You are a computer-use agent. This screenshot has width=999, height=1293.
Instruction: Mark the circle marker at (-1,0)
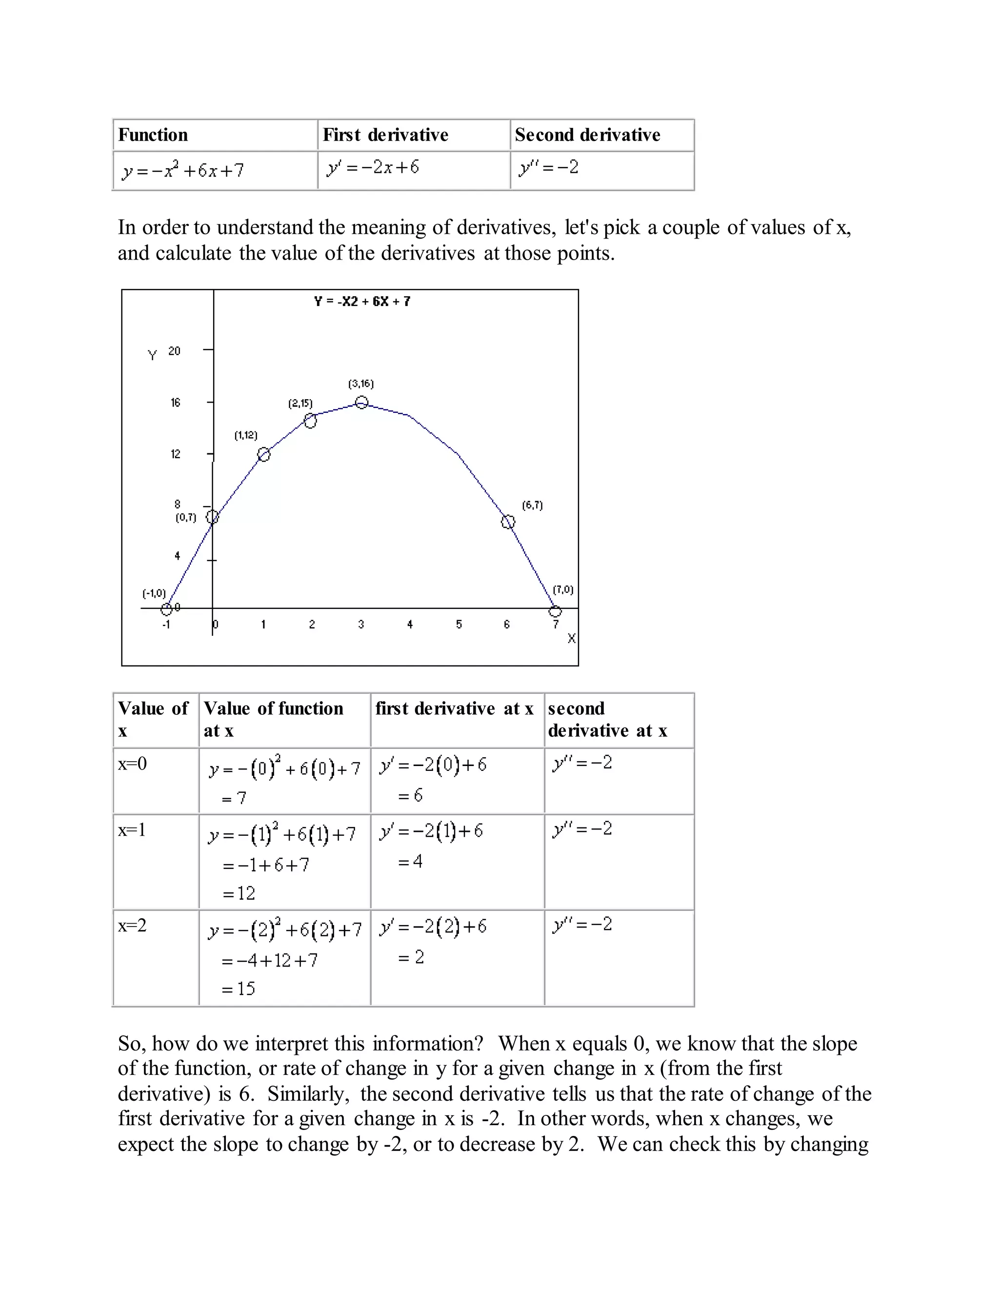[x=167, y=608]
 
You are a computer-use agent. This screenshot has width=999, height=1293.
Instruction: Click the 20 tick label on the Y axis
[x=174, y=351]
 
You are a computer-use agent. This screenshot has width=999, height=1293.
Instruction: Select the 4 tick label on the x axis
[x=410, y=625]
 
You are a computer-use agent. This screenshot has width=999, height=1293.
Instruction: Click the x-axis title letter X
[x=571, y=638]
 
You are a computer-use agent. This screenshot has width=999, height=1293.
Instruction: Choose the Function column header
[x=153, y=135]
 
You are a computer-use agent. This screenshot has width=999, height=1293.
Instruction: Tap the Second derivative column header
[x=587, y=135]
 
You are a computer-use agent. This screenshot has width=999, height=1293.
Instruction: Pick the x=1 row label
[x=131, y=830]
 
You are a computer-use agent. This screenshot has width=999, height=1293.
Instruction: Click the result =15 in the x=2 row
[x=238, y=988]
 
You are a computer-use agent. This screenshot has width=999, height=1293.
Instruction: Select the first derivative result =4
[x=410, y=861]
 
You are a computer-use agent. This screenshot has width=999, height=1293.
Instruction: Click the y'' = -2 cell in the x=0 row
[x=582, y=763]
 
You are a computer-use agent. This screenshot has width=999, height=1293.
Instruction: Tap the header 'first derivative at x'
[x=454, y=708]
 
